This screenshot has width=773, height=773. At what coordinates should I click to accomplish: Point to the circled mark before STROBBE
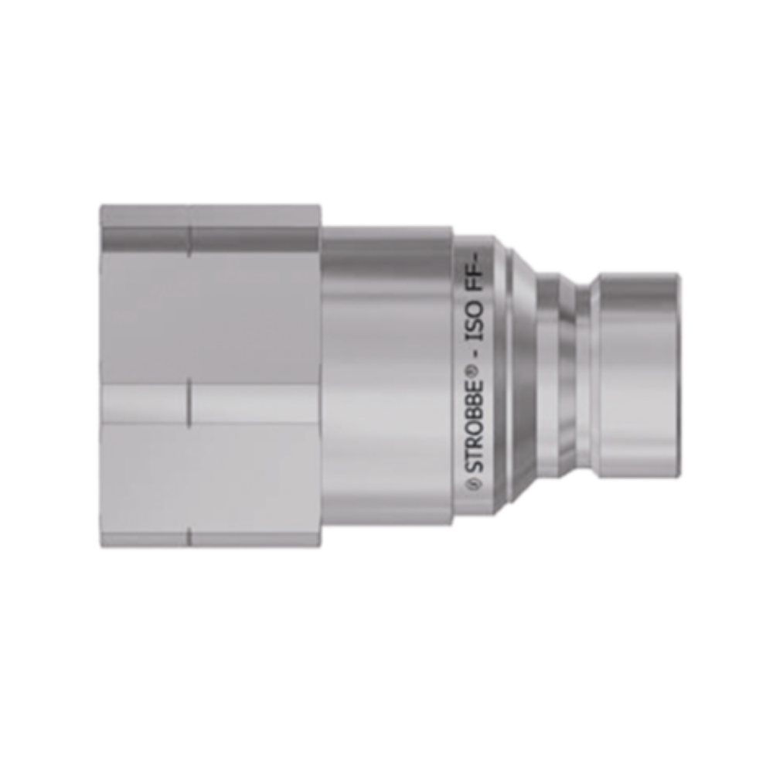coord(475,484)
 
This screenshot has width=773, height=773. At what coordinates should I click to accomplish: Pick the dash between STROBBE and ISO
coord(477,355)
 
